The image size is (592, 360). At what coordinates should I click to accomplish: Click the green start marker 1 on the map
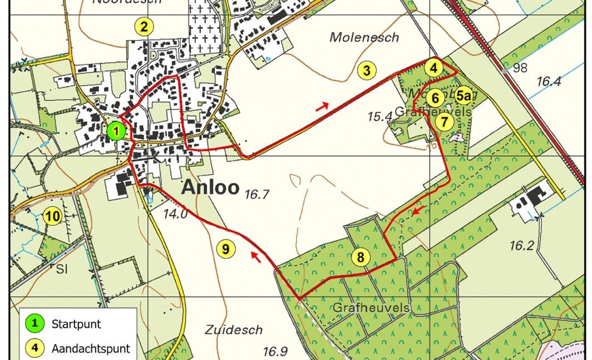point(116,131)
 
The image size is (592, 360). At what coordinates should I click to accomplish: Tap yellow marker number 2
point(144,26)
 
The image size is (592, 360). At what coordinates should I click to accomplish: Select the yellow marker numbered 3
point(367,71)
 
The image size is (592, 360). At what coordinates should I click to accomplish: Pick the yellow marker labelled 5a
point(464,95)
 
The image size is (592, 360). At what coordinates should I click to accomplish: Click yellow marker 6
point(436,98)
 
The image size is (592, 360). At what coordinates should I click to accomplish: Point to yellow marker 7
point(444,121)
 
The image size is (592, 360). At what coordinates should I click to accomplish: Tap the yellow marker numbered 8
point(361,257)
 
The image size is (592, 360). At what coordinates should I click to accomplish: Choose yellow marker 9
point(225,249)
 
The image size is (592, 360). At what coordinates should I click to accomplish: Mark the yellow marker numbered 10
point(52,216)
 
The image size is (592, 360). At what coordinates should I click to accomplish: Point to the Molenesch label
point(364,37)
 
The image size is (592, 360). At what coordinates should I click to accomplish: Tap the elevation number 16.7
point(256,194)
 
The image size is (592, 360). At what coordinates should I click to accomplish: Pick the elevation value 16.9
point(275,351)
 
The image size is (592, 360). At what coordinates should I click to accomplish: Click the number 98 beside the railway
point(520,68)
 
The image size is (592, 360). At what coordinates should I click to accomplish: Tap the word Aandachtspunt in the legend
point(91,349)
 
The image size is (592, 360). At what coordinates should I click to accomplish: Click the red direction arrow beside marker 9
point(256,256)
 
